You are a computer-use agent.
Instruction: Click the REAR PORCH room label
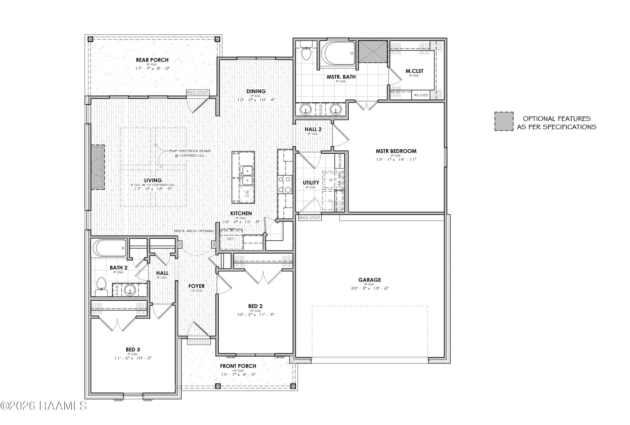(x=152, y=60)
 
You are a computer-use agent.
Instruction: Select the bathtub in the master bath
(x=338, y=53)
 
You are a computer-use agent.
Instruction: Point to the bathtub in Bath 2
(x=110, y=247)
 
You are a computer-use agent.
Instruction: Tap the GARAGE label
(x=370, y=280)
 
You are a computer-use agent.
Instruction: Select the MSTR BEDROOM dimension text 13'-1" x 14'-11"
(x=396, y=160)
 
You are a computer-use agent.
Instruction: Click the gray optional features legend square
(x=504, y=121)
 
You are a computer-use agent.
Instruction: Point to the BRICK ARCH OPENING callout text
(x=194, y=231)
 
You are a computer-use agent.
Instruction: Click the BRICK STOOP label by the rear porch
(x=197, y=92)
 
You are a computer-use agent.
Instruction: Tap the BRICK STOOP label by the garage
(x=310, y=218)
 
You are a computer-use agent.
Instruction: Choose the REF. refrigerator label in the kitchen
(x=231, y=239)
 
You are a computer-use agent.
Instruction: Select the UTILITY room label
(x=311, y=183)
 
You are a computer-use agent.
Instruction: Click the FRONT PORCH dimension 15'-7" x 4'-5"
(x=238, y=375)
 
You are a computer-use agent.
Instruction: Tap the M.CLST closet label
(x=414, y=71)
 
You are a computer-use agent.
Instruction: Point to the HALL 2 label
(x=313, y=129)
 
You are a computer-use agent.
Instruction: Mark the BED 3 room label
(x=133, y=350)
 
